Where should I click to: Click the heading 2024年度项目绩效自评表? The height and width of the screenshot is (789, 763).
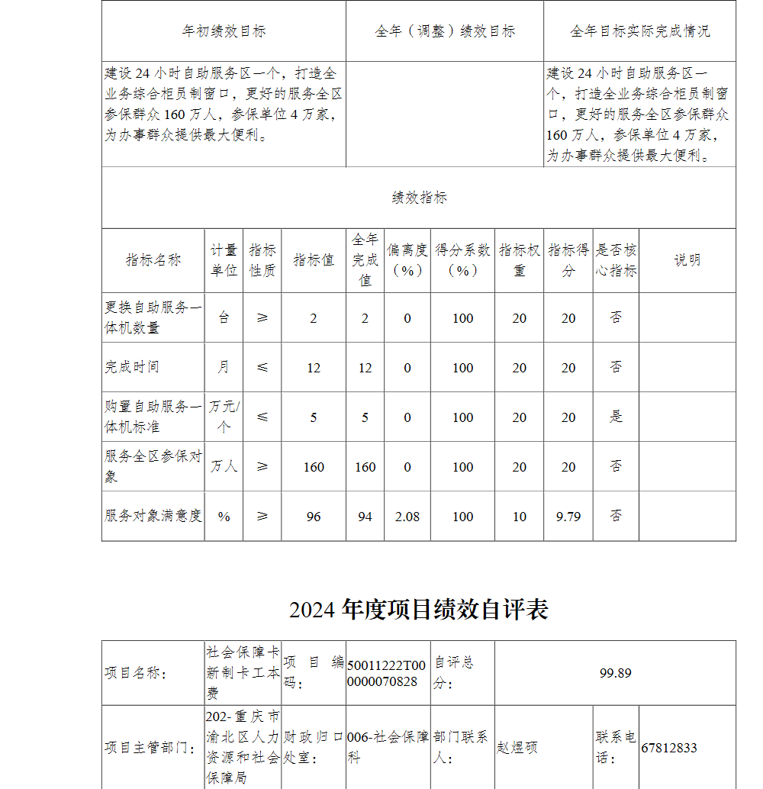(x=418, y=610)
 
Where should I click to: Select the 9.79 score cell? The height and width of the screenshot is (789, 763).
(x=568, y=517)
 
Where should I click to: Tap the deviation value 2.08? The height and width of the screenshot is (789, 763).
(x=407, y=517)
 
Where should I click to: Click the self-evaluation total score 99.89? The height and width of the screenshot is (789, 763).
(x=615, y=673)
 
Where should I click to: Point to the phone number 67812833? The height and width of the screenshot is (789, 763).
(x=669, y=748)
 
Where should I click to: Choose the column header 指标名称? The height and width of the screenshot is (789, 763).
(x=153, y=260)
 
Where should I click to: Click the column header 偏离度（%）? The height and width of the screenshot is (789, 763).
(x=407, y=260)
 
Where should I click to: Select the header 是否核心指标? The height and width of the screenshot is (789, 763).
(x=616, y=260)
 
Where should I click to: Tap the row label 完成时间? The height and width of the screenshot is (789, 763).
(x=132, y=367)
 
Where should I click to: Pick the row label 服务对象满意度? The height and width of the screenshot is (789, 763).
(x=153, y=516)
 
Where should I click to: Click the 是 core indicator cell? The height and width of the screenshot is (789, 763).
(x=616, y=417)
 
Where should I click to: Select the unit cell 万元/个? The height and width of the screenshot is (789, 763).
(x=224, y=417)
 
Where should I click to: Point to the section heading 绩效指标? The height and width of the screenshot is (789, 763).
(x=419, y=198)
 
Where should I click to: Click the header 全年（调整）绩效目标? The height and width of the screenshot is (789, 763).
(x=445, y=31)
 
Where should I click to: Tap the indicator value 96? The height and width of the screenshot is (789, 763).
(x=314, y=517)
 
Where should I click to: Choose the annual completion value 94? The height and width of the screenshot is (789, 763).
(x=365, y=517)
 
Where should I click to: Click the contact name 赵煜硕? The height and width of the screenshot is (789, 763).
(x=517, y=748)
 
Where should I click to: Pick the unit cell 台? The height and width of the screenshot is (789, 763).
(x=224, y=317)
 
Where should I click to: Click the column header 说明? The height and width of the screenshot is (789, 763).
(x=687, y=260)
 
